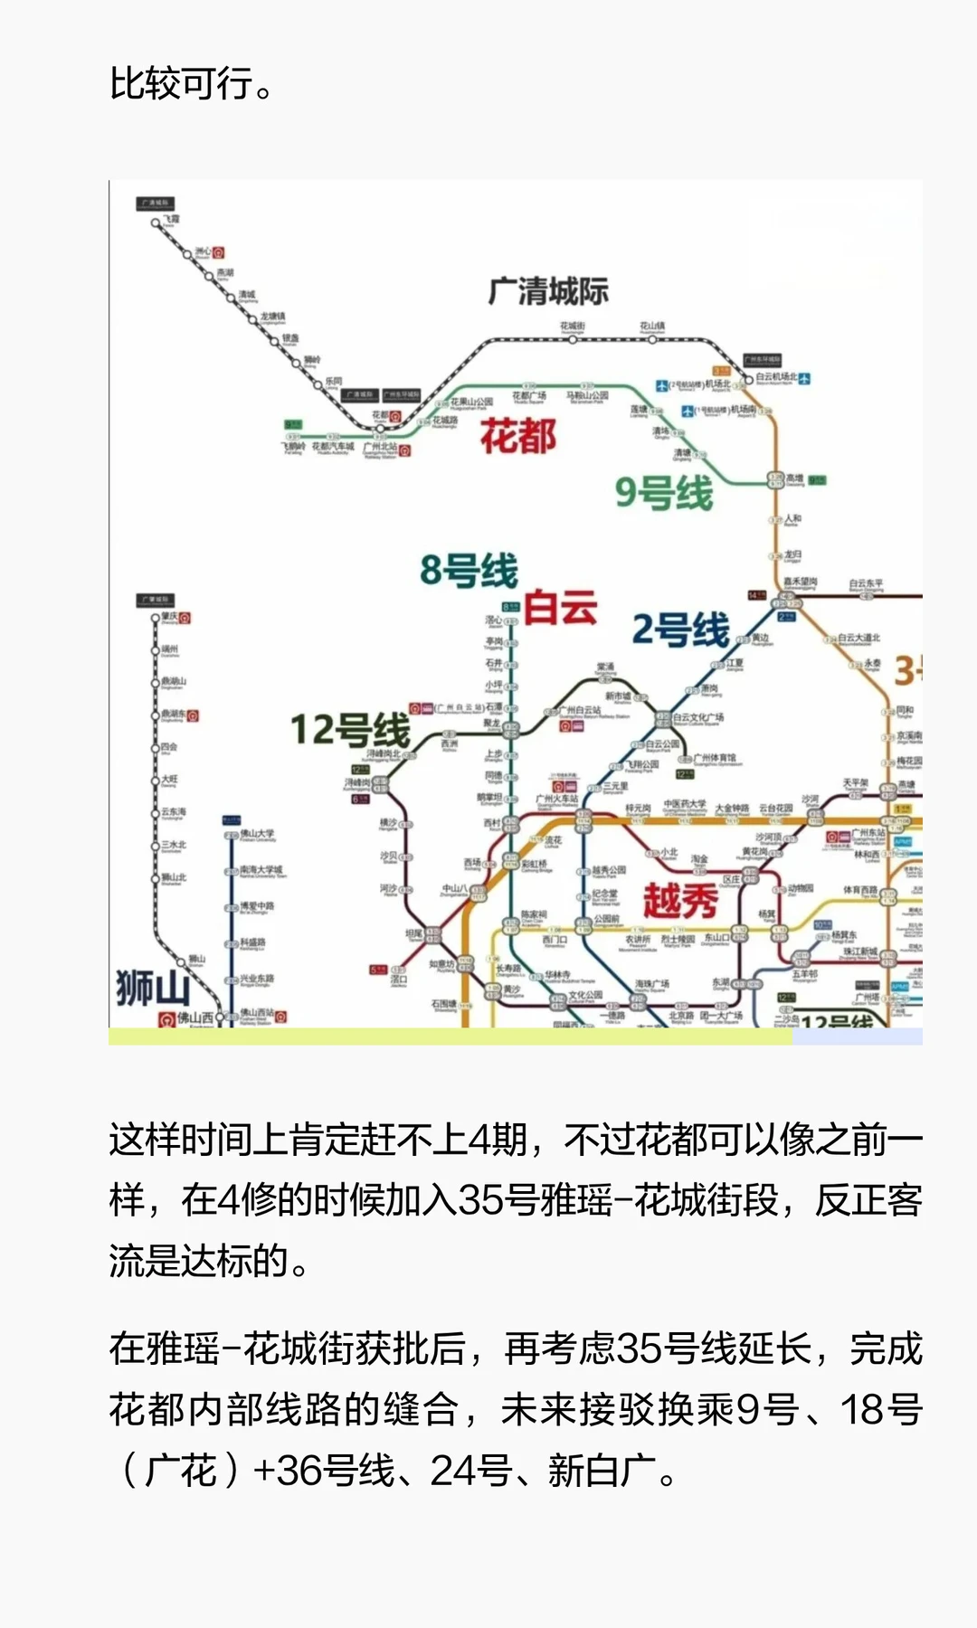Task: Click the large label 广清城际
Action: (548, 291)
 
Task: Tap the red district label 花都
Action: (517, 436)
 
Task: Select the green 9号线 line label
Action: (664, 493)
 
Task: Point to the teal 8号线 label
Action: (469, 571)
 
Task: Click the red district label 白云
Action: (561, 607)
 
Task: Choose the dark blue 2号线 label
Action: (680, 629)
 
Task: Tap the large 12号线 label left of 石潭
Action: (350, 730)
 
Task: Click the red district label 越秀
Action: (680, 901)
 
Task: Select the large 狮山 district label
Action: (152, 987)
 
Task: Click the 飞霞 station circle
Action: (156, 222)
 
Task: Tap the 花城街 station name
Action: (573, 327)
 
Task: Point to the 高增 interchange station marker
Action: (775, 479)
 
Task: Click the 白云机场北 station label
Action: (776, 377)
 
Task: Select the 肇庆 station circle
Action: (156, 619)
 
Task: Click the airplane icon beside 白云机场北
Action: (804, 378)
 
